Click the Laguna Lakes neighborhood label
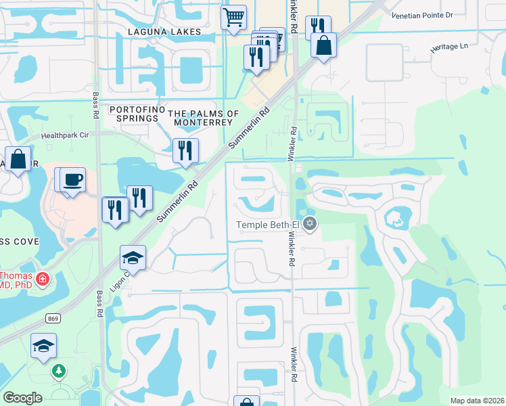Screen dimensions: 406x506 165,32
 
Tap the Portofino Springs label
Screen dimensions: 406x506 136,110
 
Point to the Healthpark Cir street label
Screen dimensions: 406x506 70,135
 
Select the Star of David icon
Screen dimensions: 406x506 310,224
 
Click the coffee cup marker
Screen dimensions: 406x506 72,180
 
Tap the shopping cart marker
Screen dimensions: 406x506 233,17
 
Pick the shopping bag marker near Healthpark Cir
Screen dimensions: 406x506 18,160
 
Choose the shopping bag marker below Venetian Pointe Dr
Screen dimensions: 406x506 324,46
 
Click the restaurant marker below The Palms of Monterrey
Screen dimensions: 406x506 185,151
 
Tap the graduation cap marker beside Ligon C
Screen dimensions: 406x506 133,258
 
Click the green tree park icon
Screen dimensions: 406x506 60,371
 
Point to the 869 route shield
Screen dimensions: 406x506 51,318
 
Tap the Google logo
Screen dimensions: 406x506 23,398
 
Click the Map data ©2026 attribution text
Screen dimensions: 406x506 476,401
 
